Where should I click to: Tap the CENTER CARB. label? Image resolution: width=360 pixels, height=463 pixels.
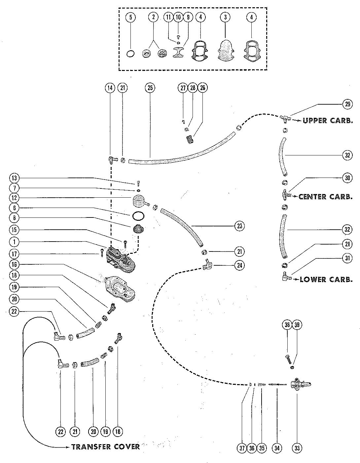325,197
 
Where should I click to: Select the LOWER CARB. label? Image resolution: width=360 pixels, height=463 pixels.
326,280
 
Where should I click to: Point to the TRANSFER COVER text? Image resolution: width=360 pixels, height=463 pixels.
105,447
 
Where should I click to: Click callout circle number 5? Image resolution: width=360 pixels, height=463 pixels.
131,17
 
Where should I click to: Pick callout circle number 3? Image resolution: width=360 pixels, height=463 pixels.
225,17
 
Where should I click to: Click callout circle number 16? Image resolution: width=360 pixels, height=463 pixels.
15,265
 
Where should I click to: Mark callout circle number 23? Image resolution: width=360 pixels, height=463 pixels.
239,226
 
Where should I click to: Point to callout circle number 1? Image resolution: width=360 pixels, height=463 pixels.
15,242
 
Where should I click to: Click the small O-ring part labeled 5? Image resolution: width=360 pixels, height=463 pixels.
131,53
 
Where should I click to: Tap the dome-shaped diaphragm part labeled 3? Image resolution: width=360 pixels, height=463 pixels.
225,52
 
